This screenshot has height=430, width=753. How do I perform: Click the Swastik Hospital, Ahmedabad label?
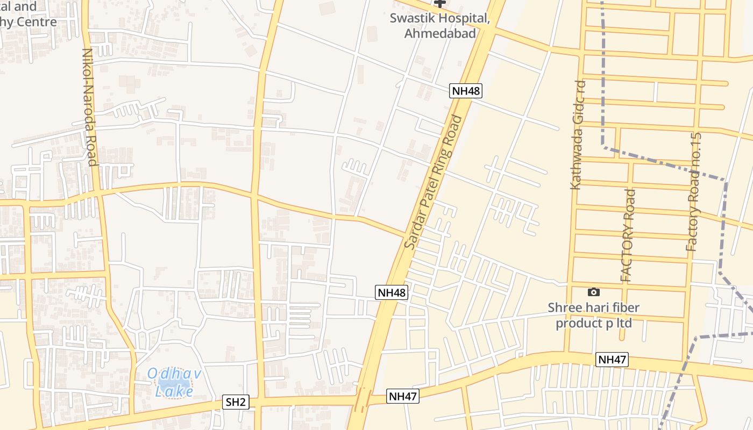click(x=440, y=26)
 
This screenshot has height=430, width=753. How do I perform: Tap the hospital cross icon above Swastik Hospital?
click(x=440, y=3)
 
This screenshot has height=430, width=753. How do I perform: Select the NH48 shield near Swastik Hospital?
click(x=466, y=91)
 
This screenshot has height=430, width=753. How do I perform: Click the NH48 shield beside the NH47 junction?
click(x=392, y=292)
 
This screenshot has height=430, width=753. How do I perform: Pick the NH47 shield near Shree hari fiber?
click(x=612, y=360)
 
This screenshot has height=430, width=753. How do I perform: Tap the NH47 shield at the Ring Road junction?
click(x=403, y=397)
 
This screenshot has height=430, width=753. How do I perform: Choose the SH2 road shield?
click(x=236, y=402)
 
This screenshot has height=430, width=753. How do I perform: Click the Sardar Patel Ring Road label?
click(x=434, y=183)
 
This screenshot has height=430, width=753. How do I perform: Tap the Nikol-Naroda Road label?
click(x=89, y=107)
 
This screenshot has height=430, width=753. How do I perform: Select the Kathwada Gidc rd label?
click(x=577, y=135)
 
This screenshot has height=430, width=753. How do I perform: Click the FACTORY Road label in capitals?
click(x=628, y=235)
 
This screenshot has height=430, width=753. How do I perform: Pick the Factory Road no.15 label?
click(x=694, y=192)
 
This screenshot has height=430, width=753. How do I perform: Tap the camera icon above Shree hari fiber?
click(x=594, y=292)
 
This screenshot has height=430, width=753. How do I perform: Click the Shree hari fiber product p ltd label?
click(x=594, y=316)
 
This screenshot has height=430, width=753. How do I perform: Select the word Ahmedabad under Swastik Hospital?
click(x=440, y=33)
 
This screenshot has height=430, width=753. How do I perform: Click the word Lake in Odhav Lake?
click(x=174, y=391)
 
